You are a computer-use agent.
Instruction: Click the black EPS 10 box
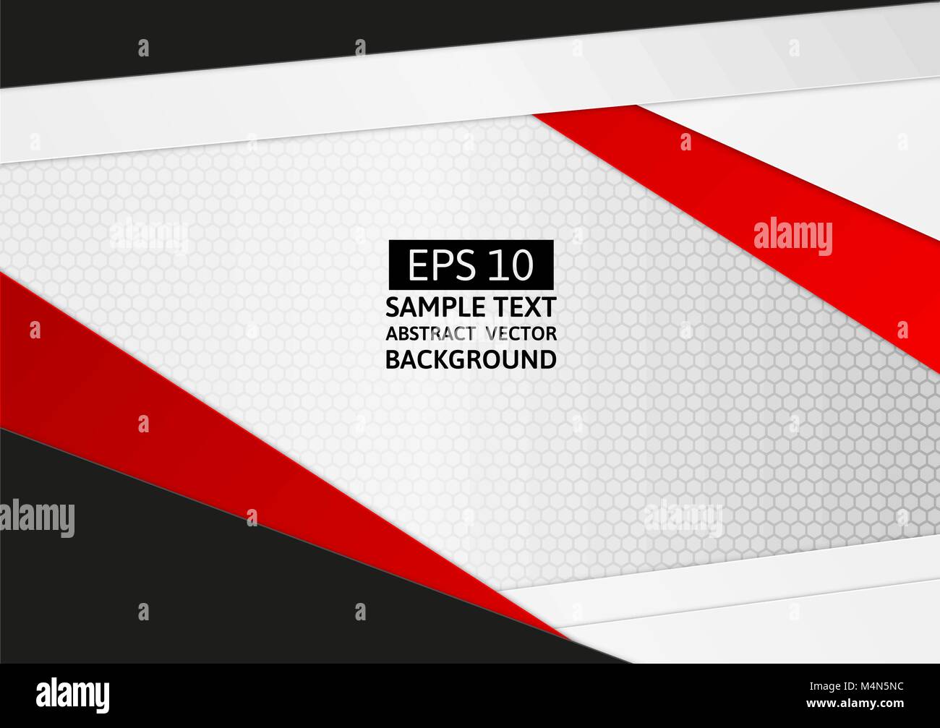pos(471,265)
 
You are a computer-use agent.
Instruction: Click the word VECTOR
pos(521,333)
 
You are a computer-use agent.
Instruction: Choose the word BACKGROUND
pos(471,359)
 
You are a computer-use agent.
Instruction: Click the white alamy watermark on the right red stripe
pos(792,236)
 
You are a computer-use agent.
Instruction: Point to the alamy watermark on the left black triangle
pos(37,515)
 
